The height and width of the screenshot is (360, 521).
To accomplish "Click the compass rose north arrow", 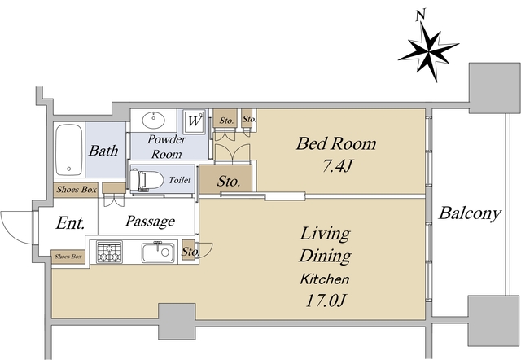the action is coord(429,51).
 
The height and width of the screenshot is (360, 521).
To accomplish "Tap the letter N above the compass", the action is coord(421,15).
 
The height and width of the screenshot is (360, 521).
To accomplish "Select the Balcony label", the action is coord(470,213).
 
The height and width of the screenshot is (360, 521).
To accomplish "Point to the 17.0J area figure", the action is coord(326,301).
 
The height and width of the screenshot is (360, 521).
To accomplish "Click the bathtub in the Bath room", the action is coord(68,150).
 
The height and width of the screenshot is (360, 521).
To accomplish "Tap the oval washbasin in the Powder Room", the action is coord(154,120).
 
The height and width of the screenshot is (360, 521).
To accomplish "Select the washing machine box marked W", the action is coord(194,121).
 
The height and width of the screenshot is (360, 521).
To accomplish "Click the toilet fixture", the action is coord(147,180).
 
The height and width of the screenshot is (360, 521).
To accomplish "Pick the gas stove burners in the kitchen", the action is coord(109,252).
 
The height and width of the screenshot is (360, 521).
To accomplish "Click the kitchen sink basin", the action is coord(158,252).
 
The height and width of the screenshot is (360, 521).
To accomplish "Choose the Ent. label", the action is coord(70,222).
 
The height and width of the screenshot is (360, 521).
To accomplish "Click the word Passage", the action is coord(150,221).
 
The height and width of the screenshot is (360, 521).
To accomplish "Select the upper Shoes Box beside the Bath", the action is coord(76,190).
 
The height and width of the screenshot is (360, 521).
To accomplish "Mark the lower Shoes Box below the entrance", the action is coord(68,257).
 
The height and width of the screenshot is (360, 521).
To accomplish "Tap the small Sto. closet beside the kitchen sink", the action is coord(188,252).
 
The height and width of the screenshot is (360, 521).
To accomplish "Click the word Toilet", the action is coord(180,180).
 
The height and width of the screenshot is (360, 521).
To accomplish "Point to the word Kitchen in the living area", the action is coord(325,279).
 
